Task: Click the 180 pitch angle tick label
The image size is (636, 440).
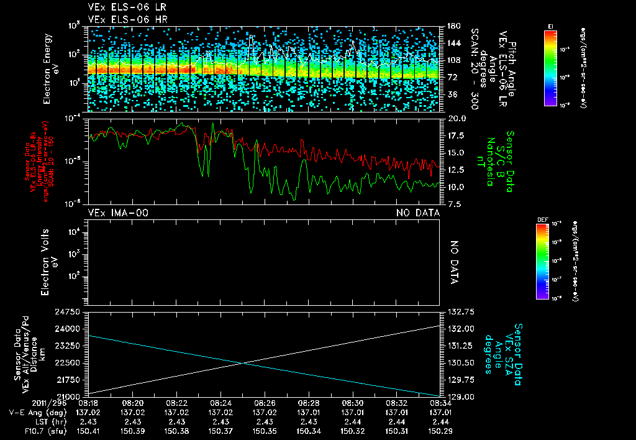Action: [453, 25]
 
